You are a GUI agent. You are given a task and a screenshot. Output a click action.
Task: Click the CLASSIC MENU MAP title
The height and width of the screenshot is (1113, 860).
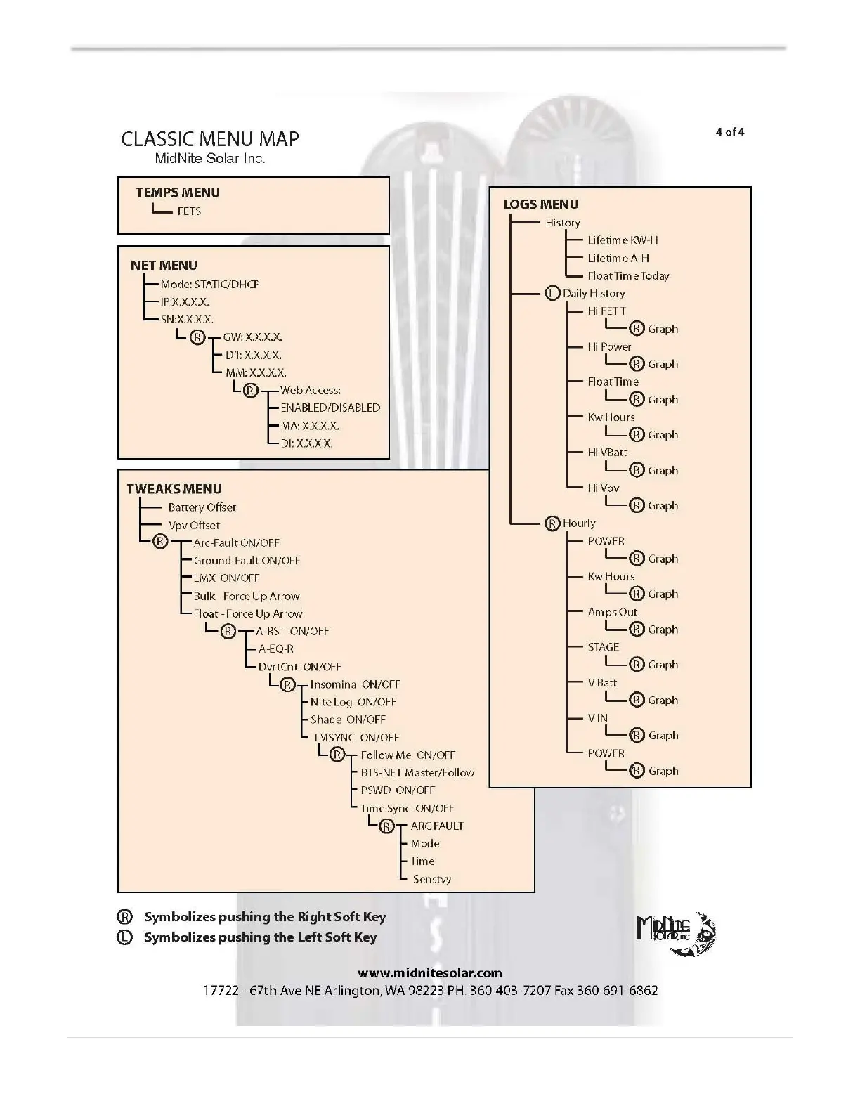coord(209,138)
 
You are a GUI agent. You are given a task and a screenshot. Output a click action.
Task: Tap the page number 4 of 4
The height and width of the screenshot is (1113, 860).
coord(729,132)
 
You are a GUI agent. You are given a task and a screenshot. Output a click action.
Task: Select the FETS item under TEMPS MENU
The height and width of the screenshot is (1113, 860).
coord(189,211)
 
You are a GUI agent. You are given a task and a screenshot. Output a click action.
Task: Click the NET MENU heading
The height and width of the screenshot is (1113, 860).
coord(164,266)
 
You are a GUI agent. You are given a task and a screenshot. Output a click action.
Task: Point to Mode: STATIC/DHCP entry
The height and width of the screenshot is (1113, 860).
coord(210,284)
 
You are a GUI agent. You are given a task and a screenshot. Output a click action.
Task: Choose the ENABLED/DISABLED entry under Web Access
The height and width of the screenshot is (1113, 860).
coord(330,408)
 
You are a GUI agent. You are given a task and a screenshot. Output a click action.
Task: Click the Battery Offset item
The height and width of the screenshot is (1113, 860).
coord(202,507)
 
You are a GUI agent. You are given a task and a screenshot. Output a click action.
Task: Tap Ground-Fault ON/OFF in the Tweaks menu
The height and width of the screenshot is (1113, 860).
coord(247,561)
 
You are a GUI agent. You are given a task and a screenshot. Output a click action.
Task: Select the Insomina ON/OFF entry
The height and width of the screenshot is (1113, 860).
coord(355,684)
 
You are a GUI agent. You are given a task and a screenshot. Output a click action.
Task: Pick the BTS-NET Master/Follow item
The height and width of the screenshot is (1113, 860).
coord(417,772)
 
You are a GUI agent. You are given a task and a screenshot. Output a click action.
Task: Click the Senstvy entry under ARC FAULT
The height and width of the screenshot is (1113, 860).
coord(431,879)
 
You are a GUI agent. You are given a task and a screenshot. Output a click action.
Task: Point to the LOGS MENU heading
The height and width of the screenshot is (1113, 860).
coord(541,204)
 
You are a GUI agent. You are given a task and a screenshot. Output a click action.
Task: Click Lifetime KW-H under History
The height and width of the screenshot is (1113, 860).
coord(623,240)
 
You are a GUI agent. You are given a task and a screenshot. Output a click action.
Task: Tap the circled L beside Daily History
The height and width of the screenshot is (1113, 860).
coord(552,293)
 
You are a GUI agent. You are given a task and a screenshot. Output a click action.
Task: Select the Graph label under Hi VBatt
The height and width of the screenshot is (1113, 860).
coord(663,470)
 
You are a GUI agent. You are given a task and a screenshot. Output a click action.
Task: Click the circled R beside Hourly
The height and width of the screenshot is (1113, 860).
coord(552,523)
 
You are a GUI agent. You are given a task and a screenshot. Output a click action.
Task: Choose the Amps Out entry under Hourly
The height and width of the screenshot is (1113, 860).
coord(612,612)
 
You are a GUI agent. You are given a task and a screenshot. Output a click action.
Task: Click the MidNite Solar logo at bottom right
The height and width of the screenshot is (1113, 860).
coord(675,933)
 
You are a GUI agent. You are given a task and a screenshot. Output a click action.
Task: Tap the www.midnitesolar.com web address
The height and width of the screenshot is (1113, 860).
coord(429,973)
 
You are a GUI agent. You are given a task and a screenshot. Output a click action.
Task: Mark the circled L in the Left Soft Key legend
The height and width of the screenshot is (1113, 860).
coord(125,937)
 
